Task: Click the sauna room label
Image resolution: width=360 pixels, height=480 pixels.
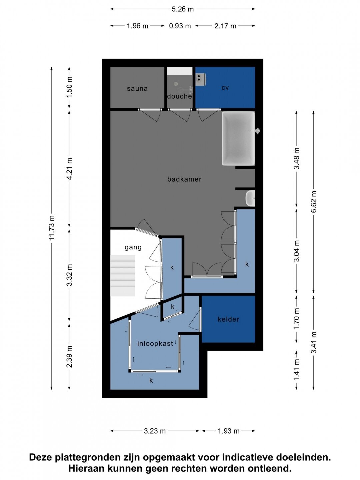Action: click(x=137, y=89)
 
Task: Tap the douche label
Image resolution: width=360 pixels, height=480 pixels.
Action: click(x=179, y=96)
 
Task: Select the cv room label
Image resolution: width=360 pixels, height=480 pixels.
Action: click(x=225, y=88)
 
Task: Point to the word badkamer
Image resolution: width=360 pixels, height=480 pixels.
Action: click(x=184, y=179)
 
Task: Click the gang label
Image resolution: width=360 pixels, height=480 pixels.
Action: click(x=133, y=248)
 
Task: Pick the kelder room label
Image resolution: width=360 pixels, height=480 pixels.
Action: click(x=228, y=319)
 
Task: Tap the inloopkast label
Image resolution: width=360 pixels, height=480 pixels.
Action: click(x=155, y=344)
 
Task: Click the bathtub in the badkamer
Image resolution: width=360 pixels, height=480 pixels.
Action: click(x=238, y=138)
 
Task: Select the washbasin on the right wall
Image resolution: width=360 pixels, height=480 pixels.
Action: click(x=250, y=198)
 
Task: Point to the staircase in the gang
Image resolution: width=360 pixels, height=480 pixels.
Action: click(x=123, y=276)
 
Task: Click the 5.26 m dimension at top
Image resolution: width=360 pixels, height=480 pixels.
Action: click(x=183, y=9)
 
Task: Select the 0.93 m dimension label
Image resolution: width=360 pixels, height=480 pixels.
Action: click(x=180, y=26)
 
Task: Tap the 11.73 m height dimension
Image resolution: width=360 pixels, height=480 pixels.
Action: click(x=52, y=228)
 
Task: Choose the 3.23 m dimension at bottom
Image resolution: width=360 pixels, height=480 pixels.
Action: click(x=155, y=431)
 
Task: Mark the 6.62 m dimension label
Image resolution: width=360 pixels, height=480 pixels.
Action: click(x=314, y=202)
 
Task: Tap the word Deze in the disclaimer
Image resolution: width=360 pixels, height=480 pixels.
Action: click(x=41, y=457)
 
